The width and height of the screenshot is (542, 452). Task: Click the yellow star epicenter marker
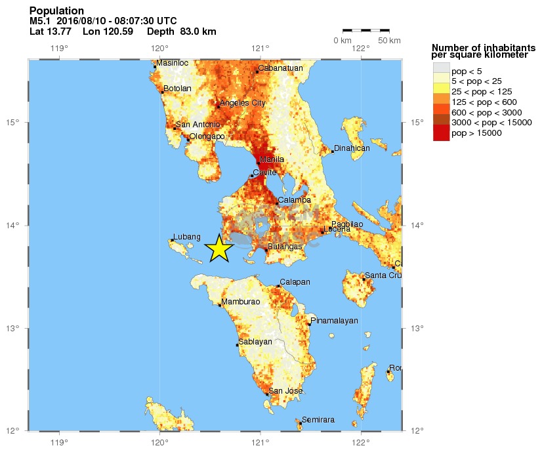tap(219, 248)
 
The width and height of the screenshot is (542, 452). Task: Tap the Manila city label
tap(272, 159)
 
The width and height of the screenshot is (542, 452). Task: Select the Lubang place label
tap(186, 236)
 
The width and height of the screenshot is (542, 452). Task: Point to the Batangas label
tap(285, 247)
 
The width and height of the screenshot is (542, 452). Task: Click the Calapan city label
tap(295, 282)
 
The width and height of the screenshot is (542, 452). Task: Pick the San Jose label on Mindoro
tap(285, 391)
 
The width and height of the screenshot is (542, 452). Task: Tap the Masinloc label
tap(173, 63)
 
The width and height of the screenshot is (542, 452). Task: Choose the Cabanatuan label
tap(280, 68)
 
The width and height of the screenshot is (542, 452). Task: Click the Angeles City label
tap(242, 103)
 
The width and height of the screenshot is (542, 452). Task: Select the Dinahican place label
tap(352, 148)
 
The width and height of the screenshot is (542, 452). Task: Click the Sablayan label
tap(255, 342)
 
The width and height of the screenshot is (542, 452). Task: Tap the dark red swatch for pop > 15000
tap(441, 133)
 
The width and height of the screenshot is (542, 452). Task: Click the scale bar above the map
tap(366, 30)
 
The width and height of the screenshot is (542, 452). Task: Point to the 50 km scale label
tap(390, 41)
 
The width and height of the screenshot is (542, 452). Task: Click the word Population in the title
tap(56, 11)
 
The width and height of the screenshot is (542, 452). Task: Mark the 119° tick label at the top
tap(60, 47)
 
